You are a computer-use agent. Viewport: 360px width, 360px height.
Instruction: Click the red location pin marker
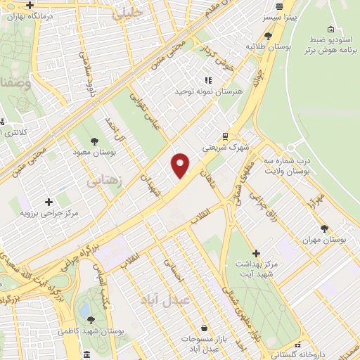pos(181,165)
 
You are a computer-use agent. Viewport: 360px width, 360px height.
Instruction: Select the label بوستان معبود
pos(94,151)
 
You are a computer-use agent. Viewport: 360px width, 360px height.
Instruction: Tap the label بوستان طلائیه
pos(264,46)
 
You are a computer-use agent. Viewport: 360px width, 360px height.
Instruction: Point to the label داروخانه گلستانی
pos(306,355)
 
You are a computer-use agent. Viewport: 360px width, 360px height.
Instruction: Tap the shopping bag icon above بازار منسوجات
pos(204,328)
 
